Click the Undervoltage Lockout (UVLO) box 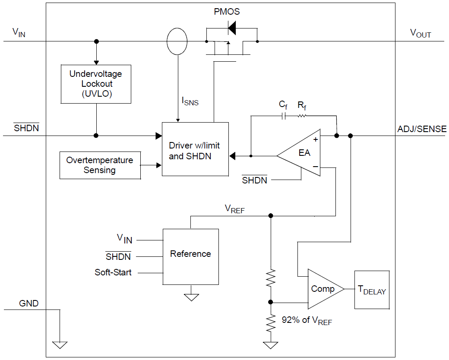pos(96,84)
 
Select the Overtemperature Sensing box pos(100,165)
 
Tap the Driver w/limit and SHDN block pos(195,149)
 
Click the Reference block pos(190,256)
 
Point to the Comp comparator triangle pos(323,289)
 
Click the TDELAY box pos(372,290)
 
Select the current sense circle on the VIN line pos(177,41)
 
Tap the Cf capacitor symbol pos(284,116)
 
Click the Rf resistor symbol pos(301,116)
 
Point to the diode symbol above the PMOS pos(231,28)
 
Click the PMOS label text pos(227,12)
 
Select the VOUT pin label pos(420,33)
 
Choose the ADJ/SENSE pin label pos(422,129)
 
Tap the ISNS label pos(190,102)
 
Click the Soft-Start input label pos(113,273)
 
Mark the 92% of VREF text pos(307,320)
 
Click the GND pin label pos(29,303)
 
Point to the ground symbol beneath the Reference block pos(191,297)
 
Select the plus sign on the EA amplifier pos(315,139)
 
